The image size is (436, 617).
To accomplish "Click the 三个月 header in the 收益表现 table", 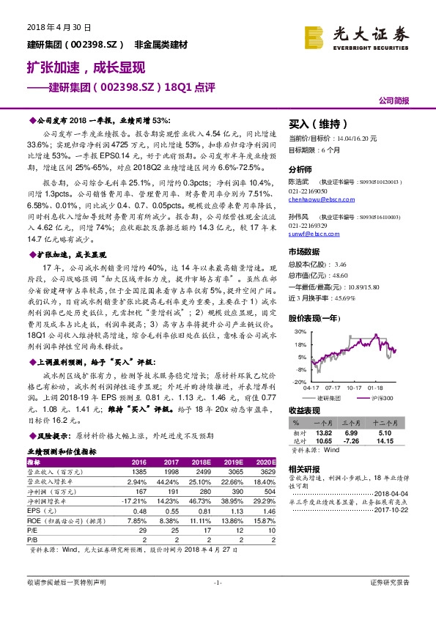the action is tap(355, 424).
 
